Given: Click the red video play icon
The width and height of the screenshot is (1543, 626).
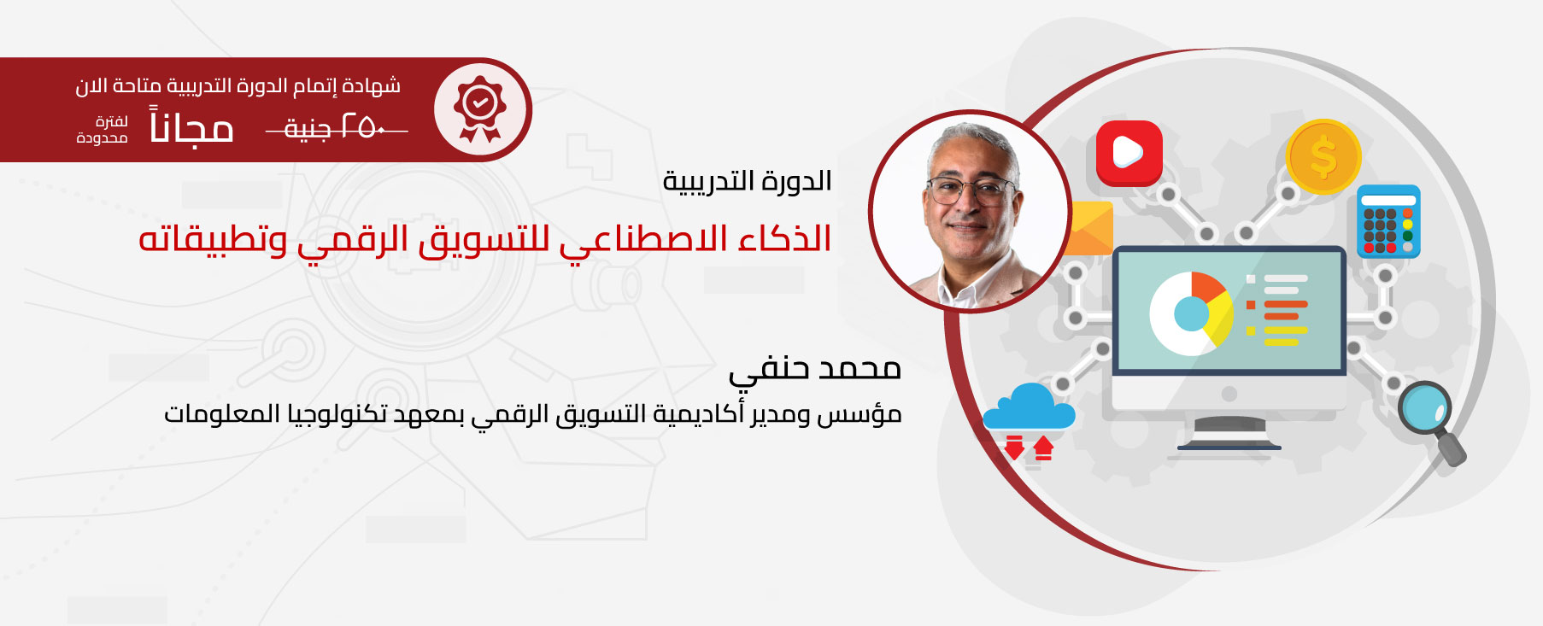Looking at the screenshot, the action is [x=1129, y=153].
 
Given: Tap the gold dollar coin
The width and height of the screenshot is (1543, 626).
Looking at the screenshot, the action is [x=1323, y=157].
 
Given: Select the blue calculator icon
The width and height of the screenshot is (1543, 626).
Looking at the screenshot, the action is [x=1388, y=221].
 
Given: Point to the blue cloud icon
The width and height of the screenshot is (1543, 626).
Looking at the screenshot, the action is [x=1029, y=407].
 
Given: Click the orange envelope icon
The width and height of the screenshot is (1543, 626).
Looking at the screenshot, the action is [x=1090, y=228].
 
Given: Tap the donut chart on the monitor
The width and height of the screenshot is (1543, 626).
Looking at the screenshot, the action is [x=1191, y=313].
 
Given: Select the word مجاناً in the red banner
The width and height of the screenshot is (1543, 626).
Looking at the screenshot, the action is [x=191, y=126].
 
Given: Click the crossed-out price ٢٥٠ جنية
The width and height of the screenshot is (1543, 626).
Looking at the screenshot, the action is [x=336, y=128].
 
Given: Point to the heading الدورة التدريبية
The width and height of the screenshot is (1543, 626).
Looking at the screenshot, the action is [x=748, y=181].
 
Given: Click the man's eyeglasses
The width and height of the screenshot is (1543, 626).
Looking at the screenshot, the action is [x=971, y=190].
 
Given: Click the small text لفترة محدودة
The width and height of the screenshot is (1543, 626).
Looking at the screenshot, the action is [x=103, y=130].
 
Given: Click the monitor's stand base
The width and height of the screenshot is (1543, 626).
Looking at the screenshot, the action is [x=1229, y=444].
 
